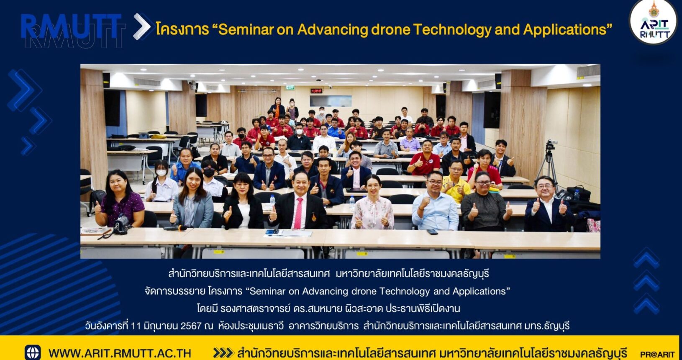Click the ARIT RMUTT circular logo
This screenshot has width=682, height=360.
653,21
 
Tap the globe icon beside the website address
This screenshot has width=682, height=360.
33,353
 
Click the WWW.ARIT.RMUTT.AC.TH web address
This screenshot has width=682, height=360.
120,353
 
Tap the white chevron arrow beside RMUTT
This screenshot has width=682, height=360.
141,27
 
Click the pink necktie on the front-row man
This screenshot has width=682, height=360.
298,213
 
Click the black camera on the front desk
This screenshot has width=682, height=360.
121,225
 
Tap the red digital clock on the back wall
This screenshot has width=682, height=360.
316,91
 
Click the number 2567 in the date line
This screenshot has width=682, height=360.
191,326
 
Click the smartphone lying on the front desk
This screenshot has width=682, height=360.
432,232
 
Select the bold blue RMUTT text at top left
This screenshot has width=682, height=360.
71,26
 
